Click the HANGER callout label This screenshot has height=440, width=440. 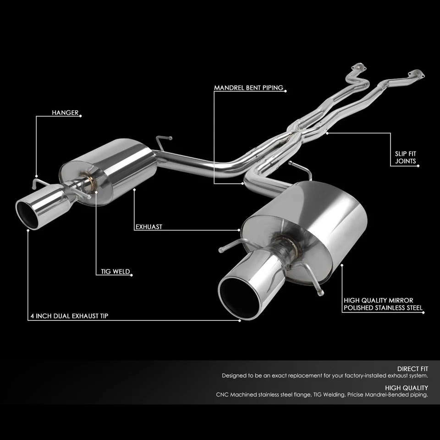65,113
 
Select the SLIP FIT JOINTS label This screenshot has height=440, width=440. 406,157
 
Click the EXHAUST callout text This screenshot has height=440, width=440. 149,226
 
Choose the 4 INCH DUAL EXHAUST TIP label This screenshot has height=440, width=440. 70,316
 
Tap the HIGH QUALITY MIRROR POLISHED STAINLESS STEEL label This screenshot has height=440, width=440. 383,304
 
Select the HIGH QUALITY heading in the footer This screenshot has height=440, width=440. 408,387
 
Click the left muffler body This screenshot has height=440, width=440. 115,167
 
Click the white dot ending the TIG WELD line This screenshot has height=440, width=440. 132,275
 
